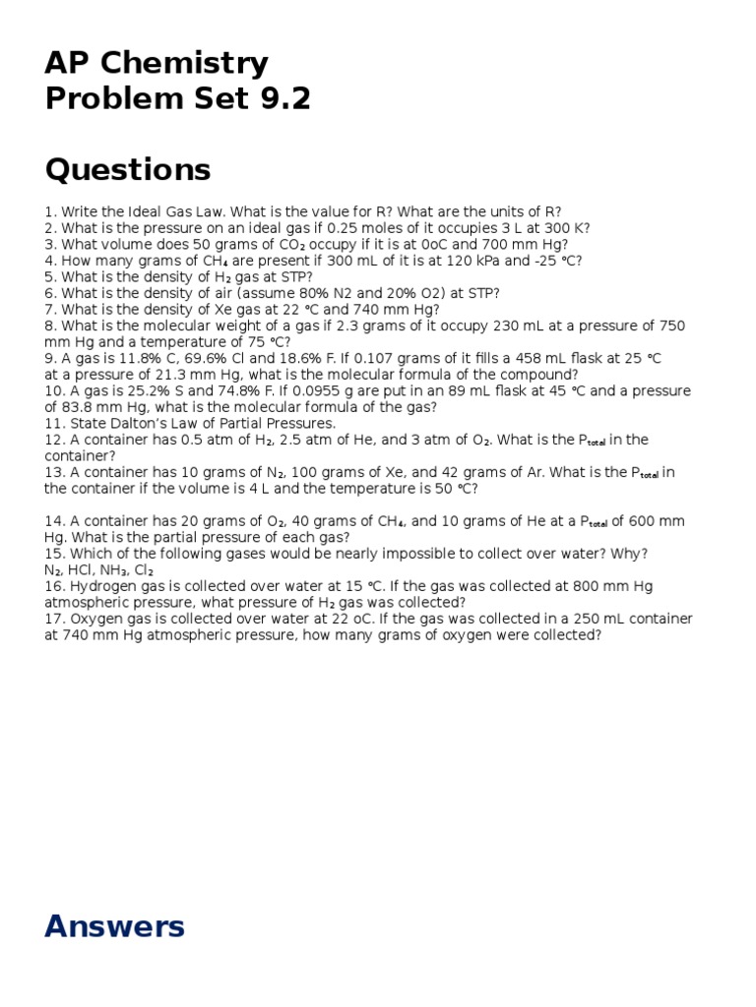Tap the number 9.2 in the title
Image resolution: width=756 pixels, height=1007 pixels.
pos(281,99)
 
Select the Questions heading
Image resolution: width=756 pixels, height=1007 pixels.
pos(128,170)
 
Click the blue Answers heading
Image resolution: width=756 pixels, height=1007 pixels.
pos(114,926)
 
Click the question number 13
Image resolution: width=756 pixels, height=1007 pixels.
pos(53,472)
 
